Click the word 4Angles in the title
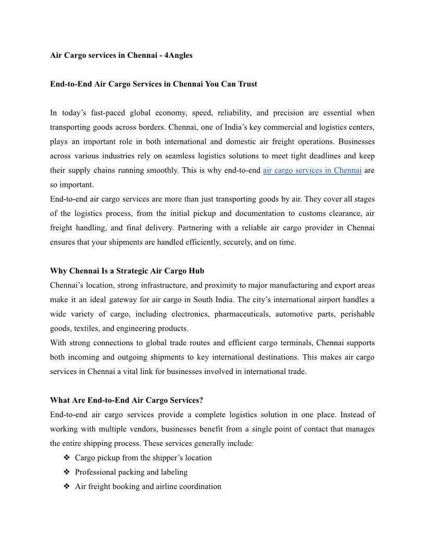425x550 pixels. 178,55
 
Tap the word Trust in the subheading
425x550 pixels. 248,84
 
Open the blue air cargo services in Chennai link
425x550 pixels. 312,170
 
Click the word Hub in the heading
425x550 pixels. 197,271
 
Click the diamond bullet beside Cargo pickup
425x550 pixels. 67,458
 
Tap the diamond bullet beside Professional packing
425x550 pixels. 67,472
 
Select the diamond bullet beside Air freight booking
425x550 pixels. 67,486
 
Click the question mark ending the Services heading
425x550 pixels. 201,401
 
